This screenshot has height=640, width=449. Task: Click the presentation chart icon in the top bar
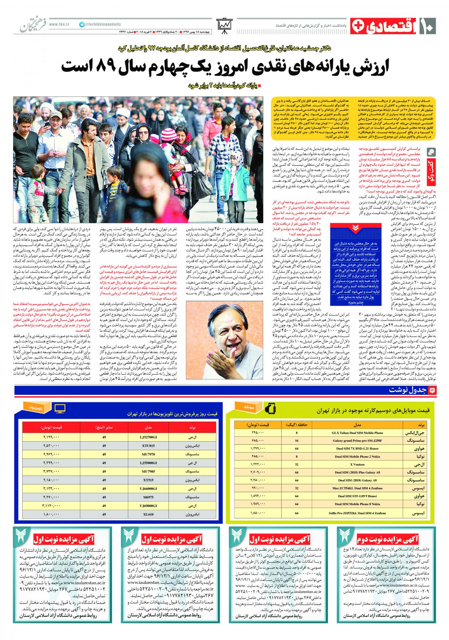pyautogui.click(x=225, y=26)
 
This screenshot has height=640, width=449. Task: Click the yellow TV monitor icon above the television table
pyautogui.click(x=60, y=408)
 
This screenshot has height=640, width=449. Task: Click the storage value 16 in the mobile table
pyautogui.click(x=297, y=440)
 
